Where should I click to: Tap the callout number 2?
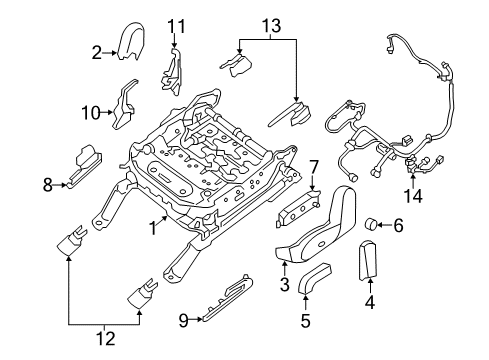(x=96, y=52)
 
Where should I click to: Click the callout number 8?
(x=47, y=183)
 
